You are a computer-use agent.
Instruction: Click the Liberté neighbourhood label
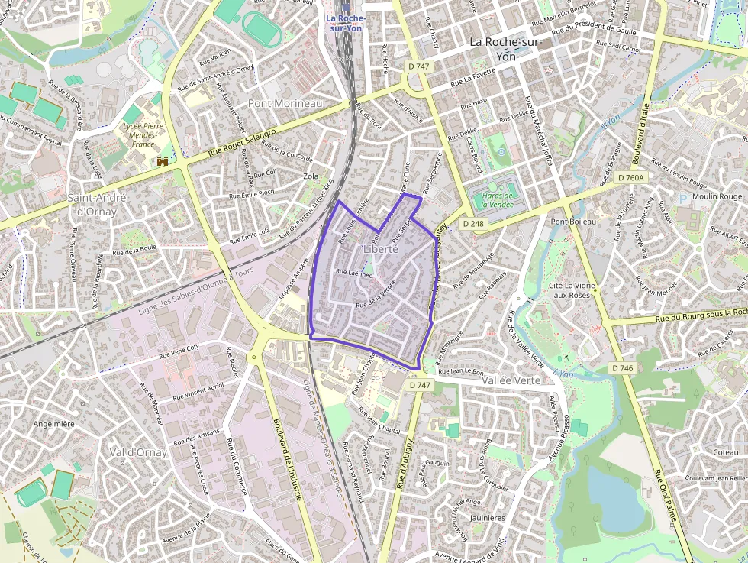pyautogui.click(x=381, y=249)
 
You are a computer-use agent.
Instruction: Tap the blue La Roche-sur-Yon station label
pyautogui.click(x=346, y=23)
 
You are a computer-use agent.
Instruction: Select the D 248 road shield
pyautogui.click(x=474, y=224)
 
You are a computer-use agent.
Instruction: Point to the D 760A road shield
pyautogui.click(x=631, y=177)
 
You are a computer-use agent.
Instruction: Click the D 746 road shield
pyautogui.click(x=623, y=368)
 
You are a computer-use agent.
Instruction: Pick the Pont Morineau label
pyautogui.click(x=285, y=103)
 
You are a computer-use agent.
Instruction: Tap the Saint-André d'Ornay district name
pyautogui.click(x=97, y=204)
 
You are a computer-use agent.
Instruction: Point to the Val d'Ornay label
pyautogui.click(x=138, y=452)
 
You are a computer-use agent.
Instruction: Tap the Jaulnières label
pyautogui.click(x=488, y=517)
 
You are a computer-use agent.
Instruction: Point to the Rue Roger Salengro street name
pyautogui.click(x=242, y=144)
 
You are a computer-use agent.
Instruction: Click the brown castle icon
pyautogui.click(x=163, y=161)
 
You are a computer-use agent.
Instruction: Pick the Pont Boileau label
pyautogui.click(x=572, y=222)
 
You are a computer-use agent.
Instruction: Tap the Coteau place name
pyautogui.click(x=725, y=452)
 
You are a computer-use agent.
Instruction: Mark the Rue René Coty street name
pyautogui.click(x=179, y=351)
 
